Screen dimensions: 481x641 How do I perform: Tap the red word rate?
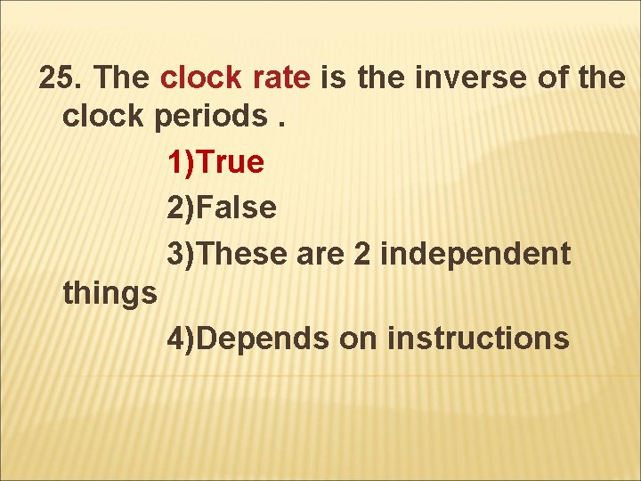[281, 78]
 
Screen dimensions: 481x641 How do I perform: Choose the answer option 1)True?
[215, 163]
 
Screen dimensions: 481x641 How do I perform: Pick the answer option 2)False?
[222, 208]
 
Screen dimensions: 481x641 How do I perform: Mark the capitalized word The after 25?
[125, 78]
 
